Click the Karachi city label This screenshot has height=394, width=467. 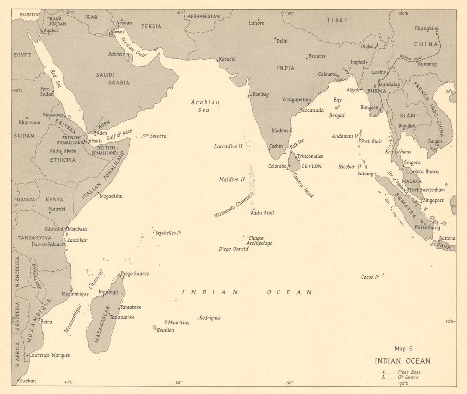click(x=228, y=59)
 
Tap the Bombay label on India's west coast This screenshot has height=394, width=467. click(x=260, y=95)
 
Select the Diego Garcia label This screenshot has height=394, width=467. click(x=233, y=249)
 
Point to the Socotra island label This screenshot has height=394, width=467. click(x=158, y=136)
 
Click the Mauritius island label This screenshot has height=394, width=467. click(x=179, y=322)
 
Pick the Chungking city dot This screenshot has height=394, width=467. click(x=437, y=33)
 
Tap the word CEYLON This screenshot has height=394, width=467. click(x=311, y=166)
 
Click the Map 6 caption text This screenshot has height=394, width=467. click(x=403, y=348)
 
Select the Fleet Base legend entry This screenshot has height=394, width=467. click(x=409, y=372)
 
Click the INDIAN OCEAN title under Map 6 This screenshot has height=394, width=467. click(x=403, y=360)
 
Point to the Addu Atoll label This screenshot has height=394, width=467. click(x=262, y=213)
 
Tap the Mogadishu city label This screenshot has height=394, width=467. click(x=111, y=196)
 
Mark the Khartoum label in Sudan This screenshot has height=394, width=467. click(x=29, y=122)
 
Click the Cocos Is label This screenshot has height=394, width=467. click(x=370, y=277)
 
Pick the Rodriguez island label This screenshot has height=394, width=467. click(x=210, y=318)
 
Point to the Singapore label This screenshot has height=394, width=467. click(x=434, y=201)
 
